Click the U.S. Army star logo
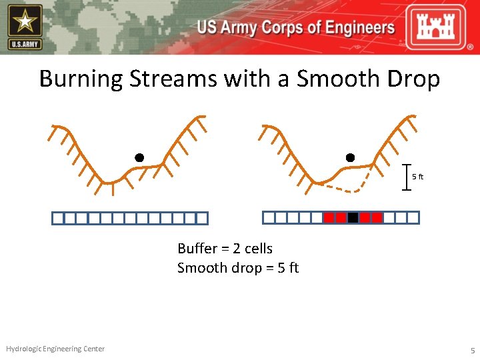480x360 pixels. click(x=25, y=27)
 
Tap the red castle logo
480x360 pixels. click(x=441, y=28)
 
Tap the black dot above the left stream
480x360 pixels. click(x=139, y=158)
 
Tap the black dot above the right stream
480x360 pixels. click(x=350, y=158)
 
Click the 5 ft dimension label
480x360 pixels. click(x=417, y=177)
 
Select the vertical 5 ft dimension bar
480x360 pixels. click(x=407, y=177)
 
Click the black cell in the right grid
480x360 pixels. click(x=353, y=217)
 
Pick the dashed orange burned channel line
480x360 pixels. click(x=347, y=189)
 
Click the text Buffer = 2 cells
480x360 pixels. click(x=225, y=249)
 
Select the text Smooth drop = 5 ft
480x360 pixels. click(x=237, y=268)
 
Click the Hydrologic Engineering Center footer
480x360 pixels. click(x=55, y=349)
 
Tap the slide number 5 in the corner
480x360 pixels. click(x=472, y=350)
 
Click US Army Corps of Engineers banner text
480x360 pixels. click(x=295, y=28)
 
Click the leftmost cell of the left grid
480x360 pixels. click(x=58, y=218)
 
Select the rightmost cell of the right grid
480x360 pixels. click(x=413, y=217)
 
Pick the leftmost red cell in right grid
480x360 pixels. click(x=329, y=217)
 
